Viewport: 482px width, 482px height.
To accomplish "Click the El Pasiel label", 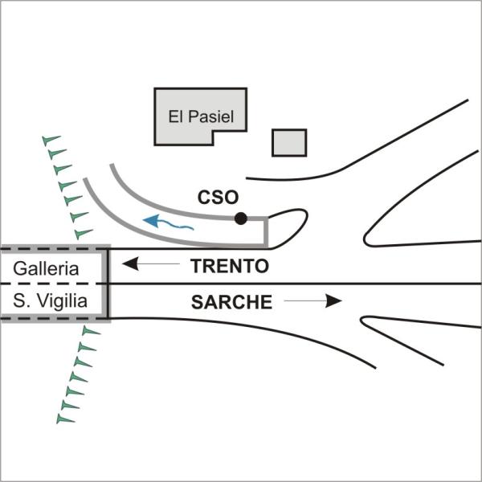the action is pos(201,116).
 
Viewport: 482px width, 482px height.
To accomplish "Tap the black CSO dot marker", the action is pos(241,219).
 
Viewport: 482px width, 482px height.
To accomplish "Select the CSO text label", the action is pos(218,197).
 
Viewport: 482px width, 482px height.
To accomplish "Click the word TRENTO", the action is pos(230,266).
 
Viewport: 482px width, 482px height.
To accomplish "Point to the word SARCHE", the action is pos(231,302).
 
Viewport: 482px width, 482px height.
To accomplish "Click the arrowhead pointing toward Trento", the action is pos(131,263).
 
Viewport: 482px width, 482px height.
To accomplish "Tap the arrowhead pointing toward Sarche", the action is pos(334,300).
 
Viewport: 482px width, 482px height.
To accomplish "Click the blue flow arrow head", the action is pos(151,220).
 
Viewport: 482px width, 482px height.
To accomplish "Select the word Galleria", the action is pos(46,268).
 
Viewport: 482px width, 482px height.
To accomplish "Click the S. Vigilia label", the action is pos(50,300).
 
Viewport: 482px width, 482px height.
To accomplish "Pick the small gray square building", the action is pos(289,143).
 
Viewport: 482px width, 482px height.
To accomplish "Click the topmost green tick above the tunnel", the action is pos(51,140).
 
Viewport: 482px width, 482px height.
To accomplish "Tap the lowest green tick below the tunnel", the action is pos(65,419).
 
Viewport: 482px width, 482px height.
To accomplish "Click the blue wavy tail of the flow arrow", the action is pos(175,226).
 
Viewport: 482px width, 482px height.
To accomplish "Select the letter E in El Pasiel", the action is pos(173,116).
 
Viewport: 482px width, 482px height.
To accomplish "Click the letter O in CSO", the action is pos(231,197).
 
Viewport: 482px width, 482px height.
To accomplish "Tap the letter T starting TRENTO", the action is pos(196,266).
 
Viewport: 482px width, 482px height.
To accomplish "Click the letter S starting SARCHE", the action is pos(197,302).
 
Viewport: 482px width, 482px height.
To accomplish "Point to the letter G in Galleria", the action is pos(19,268).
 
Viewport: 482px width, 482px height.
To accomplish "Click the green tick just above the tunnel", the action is pos(84,234).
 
